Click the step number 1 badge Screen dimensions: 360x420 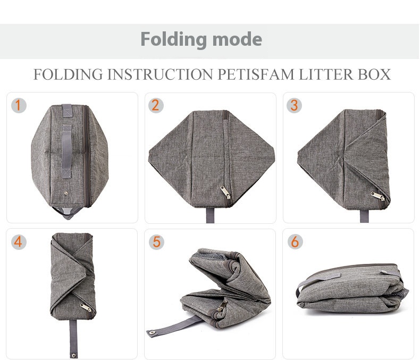tap(18, 105)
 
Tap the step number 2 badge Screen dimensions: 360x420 tap(155, 105)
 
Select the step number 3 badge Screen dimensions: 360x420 tap(294, 105)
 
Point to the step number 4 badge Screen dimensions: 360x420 tap(19, 242)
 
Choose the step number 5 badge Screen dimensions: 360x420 tap(156, 242)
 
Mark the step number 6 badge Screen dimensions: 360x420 tap(294, 242)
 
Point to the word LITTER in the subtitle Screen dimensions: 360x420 tap(325, 74)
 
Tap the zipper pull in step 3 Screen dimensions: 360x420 tap(379, 195)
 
